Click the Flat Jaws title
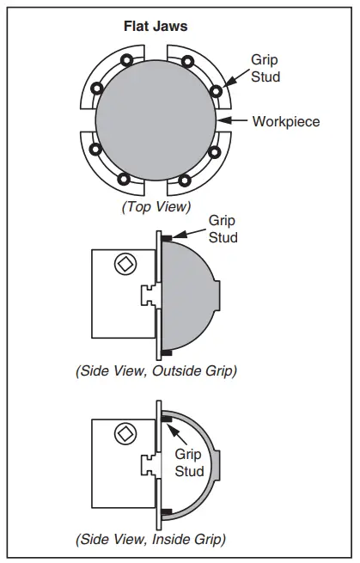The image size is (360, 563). pos(156,26)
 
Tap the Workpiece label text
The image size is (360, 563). pos(286,122)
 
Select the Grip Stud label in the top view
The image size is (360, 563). pos(265,68)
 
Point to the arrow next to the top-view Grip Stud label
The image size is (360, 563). pos(235,78)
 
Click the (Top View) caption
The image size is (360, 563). pos(156,207)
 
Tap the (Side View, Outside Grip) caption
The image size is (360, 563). pos(156,371)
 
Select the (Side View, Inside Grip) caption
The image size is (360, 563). pos(150,539)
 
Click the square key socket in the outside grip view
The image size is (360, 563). pos(125,265)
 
